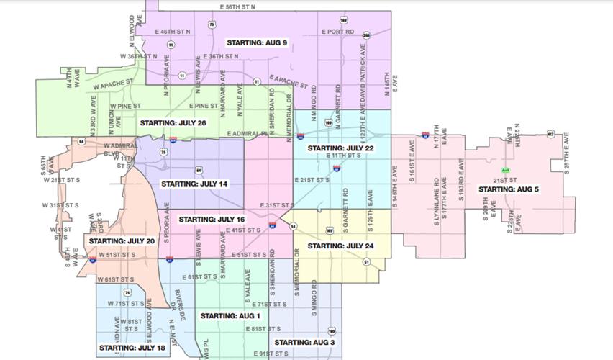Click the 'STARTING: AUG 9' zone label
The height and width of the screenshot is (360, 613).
tap(257, 43)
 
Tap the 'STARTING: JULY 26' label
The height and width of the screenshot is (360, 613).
tap(173, 123)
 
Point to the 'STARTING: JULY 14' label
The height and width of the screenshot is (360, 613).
tap(194, 184)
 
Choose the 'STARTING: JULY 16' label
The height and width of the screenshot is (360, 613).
tap(212, 219)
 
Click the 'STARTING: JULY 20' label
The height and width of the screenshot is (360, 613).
tap(122, 240)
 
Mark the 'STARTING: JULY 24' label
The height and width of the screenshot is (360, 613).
tap(340, 246)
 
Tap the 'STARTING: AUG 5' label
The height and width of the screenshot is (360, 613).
tap(509, 189)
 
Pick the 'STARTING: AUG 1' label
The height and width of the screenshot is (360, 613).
tap(230, 316)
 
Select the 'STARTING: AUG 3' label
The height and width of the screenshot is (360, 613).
tap(304, 342)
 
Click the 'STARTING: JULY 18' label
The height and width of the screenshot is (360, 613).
tap(132, 348)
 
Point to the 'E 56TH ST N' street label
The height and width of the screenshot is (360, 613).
tap(238, 6)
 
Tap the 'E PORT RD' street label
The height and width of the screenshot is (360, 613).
tap(338, 32)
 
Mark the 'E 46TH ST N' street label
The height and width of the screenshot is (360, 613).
tap(173, 32)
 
